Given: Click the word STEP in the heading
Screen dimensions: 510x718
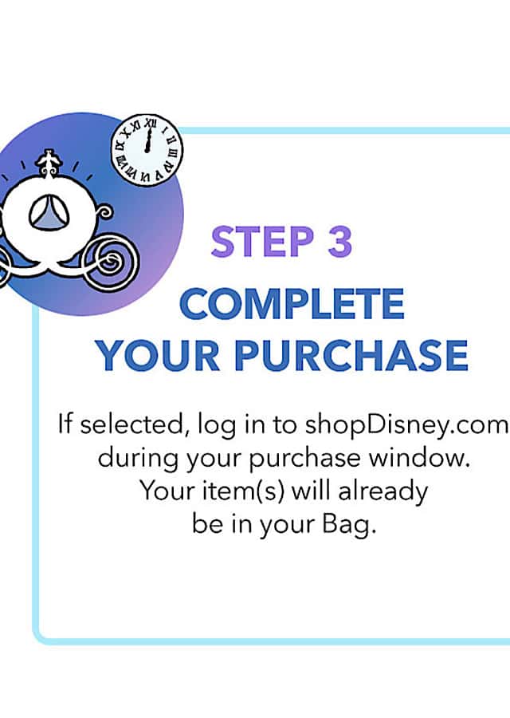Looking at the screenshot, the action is [x=262, y=241].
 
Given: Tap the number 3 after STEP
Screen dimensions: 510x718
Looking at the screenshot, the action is [x=339, y=241].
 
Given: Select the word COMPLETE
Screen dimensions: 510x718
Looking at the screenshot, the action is [x=292, y=304].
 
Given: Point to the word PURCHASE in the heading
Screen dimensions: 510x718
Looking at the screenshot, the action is [x=351, y=355].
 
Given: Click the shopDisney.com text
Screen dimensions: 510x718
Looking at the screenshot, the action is [x=406, y=425].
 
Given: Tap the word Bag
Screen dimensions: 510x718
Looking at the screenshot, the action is [x=349, y=526].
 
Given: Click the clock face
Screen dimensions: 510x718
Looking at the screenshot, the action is [x=147, y=150].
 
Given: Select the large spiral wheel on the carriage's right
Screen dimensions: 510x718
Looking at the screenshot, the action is [x=110, y=262].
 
